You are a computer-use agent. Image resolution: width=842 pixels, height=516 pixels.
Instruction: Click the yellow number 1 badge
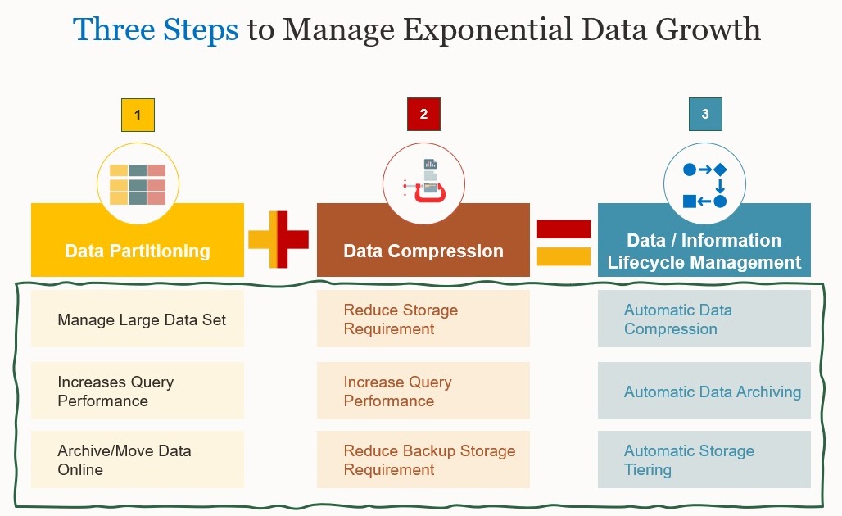138,115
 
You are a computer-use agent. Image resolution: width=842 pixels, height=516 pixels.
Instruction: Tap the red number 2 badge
423,115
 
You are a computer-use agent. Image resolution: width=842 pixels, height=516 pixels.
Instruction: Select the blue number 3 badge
705,115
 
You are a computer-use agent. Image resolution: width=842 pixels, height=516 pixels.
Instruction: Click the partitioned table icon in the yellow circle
138,184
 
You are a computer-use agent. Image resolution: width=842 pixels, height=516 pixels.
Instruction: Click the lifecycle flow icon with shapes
704,184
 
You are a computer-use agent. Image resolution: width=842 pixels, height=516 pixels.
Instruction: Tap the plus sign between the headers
278,239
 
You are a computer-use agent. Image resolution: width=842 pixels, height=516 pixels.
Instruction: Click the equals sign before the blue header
564,242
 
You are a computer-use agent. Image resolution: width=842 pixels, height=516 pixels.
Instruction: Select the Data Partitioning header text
138,251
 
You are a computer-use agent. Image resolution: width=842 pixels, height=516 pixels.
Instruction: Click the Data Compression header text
423,251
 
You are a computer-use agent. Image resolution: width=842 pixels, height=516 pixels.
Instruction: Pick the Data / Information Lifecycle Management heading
704,251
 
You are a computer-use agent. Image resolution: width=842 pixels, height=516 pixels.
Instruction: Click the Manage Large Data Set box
138,319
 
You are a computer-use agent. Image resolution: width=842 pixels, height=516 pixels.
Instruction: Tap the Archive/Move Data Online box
138,460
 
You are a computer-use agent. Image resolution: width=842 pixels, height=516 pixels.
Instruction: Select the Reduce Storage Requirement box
423,319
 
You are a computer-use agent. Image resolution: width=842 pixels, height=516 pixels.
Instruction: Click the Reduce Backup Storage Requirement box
423,460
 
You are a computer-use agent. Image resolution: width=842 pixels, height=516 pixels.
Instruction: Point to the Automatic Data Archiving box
704,392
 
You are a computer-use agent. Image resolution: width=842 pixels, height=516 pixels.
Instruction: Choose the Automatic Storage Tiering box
704,460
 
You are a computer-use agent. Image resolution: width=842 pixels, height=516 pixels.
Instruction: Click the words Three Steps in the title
156,30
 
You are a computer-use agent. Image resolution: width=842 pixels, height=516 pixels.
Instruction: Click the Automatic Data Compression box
704,319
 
